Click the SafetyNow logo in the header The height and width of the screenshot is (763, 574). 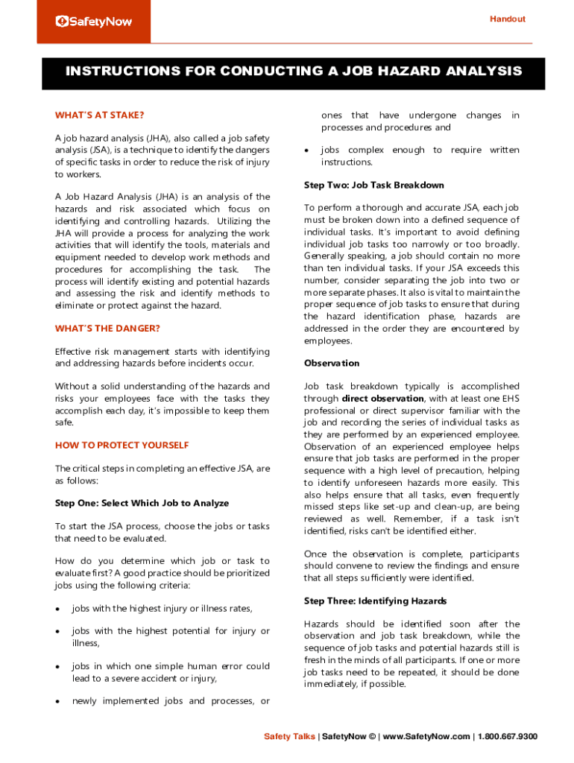coord(94,22)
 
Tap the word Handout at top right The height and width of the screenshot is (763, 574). coord(507,19)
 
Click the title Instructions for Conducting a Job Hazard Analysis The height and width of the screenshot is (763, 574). coord(293,72)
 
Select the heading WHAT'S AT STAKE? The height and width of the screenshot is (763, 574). coord(99,115)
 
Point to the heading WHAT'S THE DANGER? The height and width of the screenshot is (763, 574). coord(107,328)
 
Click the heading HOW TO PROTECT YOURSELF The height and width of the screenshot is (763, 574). coord(122,445)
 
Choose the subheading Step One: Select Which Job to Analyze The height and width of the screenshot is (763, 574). coord(142,503)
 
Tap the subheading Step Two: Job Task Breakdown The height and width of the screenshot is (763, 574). coord(373,185)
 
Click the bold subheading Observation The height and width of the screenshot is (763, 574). coord(332,363)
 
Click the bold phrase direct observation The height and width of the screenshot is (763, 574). coord(383,399)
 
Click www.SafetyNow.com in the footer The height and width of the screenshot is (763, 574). coord(426,737)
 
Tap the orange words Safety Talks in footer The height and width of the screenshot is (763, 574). coord(289,737)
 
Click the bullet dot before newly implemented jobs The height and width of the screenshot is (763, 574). coord(57,702)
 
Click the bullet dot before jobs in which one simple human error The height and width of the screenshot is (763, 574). coord(57,667)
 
